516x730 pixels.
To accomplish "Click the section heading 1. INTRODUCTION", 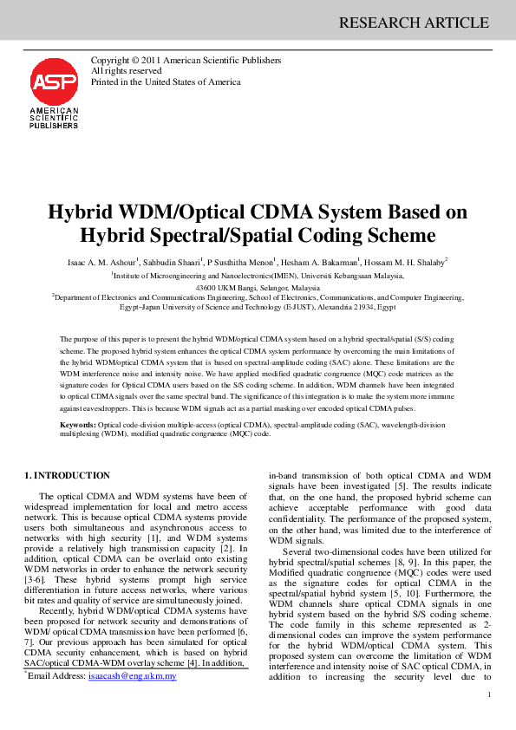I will tap(67, 475).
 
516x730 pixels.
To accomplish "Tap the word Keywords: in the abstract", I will tap(77, 425).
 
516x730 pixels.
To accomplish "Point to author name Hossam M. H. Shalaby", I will tap(409, 262).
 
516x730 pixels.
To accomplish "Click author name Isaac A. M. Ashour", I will tap(102, 262).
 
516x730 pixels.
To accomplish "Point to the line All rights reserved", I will tap(126, 71).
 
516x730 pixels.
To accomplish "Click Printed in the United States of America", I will tap(166, 81).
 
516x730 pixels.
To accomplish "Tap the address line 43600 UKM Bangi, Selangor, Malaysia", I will tap(258, 287).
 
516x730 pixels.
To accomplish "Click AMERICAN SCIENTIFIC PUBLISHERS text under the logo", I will tap(54, 119).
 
